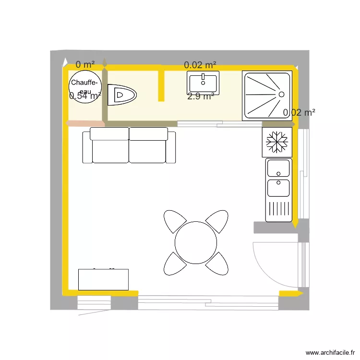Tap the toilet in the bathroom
tap(122, 95)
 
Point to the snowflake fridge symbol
tap(277, 142)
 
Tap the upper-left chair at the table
tap(175, 221)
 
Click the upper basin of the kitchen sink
tap(278, 168)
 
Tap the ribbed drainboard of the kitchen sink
tap(278, 210)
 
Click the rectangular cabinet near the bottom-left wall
tap(103, 279)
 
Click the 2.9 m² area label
tap(201, 96)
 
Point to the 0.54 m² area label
tap(85, 96)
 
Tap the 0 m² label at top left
tap(85, 64)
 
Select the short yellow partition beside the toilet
tap(161, 84)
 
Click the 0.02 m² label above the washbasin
tap(200, 64)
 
